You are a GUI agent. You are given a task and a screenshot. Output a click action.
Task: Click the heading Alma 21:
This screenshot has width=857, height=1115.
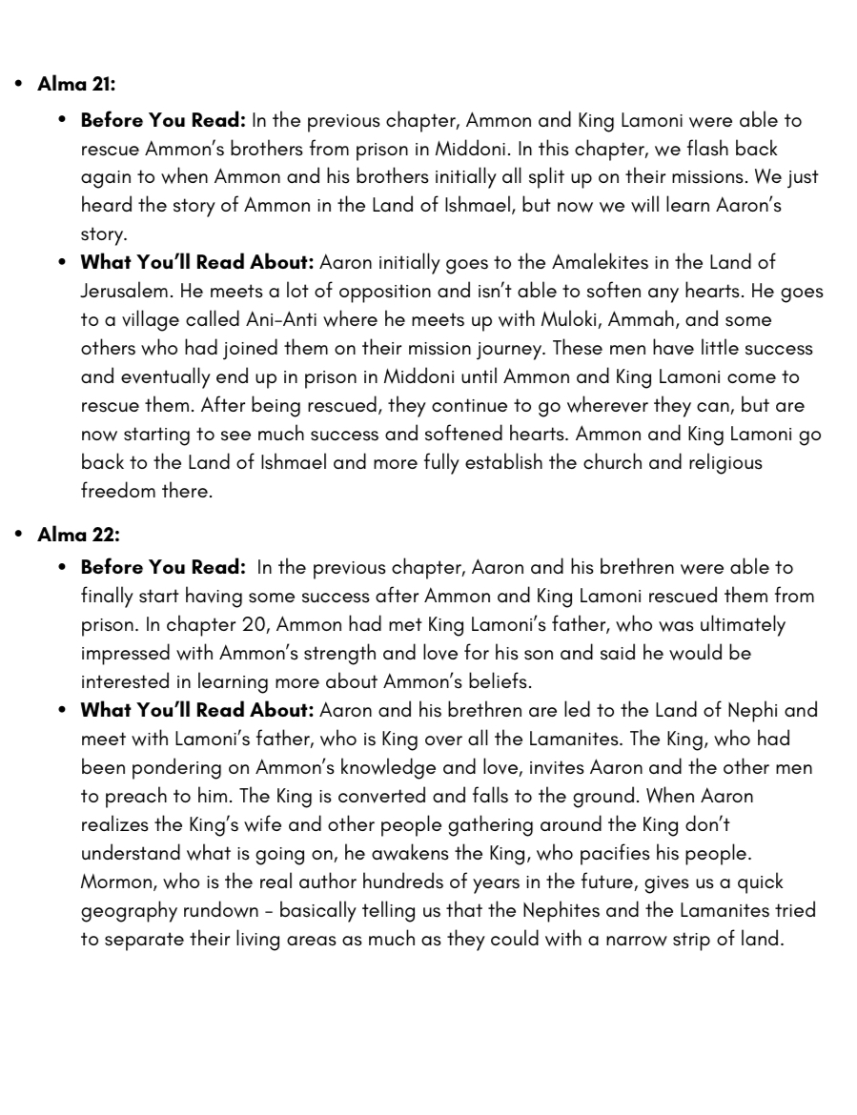(x=76, y=84)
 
